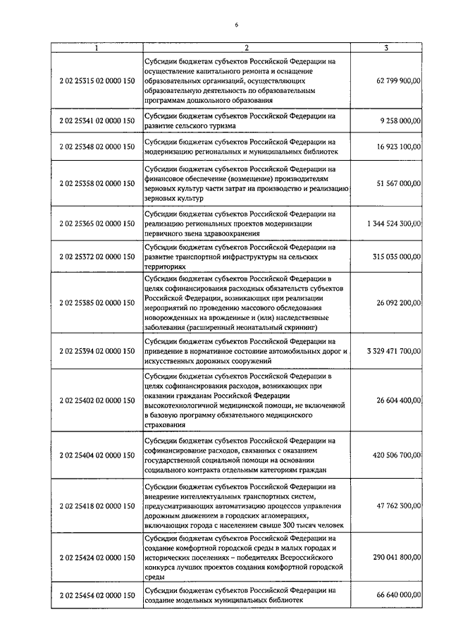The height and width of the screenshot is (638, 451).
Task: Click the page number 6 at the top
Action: coord(237,25)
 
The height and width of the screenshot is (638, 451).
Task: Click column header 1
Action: coord(97,48)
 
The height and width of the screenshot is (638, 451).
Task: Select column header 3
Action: coord(387,48)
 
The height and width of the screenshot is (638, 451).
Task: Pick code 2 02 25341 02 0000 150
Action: coord(97,121)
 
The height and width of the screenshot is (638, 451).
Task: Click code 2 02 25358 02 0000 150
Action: coord(97,184)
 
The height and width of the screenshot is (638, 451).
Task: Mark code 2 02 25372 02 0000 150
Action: coord(97,257)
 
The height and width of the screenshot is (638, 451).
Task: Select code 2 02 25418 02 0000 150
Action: coord(97,506)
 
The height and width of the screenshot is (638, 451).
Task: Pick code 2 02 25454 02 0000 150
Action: coord(97,596)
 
